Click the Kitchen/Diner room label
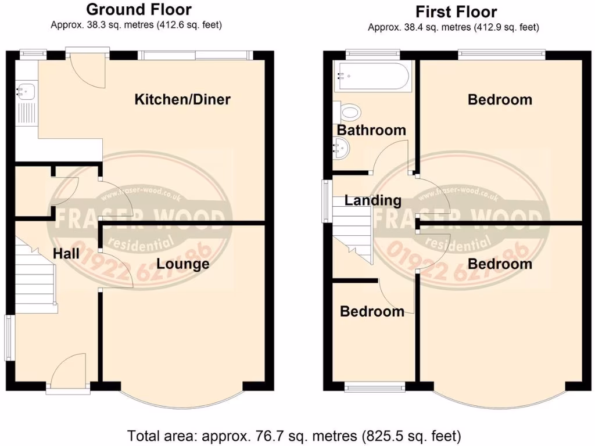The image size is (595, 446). (x=182, y=99)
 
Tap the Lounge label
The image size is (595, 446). (x=184, y=264)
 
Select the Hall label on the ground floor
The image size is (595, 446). (x=66, y=253)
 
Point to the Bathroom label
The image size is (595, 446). (x=371, y=130)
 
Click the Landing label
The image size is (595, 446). (x=372, y=201)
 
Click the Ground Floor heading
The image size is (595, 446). (x=138, y=9)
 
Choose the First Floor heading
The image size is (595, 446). (x=456, y=12)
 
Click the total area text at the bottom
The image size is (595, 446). (x=295, y=435)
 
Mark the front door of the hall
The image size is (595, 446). (x=69, y=372)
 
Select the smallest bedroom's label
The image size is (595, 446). (x=372, y=312)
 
